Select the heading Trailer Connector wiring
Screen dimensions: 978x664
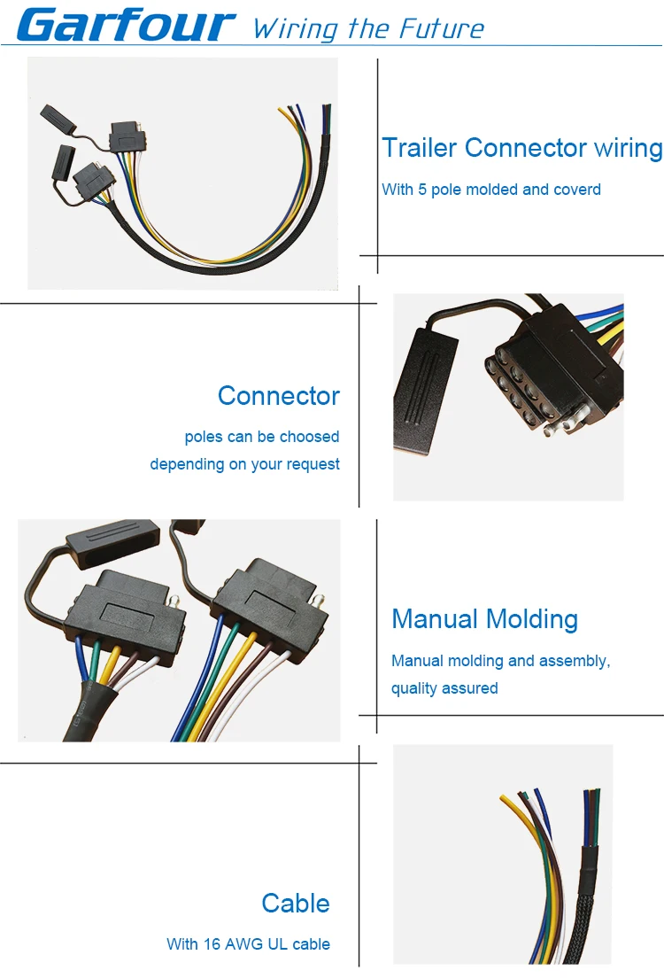click(x=521, y=147)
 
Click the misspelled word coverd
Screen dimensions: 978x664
click(x=576, y=190)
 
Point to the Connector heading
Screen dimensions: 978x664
click(x=278, y=395)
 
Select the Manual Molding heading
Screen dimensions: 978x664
click(x=484, y=618)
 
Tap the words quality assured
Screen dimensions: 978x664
click(x=444, y=688)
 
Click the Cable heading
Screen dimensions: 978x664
click(x=295, y=903)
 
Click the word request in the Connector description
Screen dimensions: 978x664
click(x=313, y=464)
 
